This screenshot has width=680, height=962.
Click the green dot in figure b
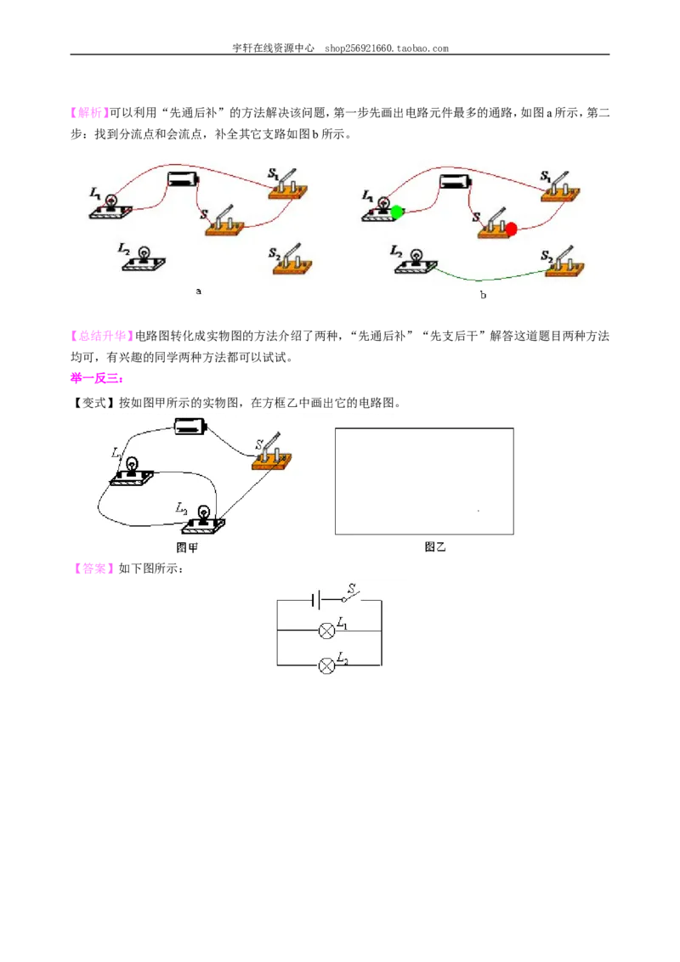(x=397, y=212)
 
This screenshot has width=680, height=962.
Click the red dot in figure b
(x=511, y=229)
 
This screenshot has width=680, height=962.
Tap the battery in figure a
(x=184, y=178)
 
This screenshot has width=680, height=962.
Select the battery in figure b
(x=456, y=181)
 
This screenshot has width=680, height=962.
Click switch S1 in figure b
(x=561, y=189)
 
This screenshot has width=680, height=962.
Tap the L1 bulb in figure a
(x=111, y=207)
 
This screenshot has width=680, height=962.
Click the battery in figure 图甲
(x=191, y=426)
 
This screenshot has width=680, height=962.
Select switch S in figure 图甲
(x=272, y=454)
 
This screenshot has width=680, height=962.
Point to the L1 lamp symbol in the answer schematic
(x=327, y=630)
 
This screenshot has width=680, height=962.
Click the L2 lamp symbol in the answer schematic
(x=327, y=665)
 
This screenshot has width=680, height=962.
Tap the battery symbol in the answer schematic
(x=316, y=600)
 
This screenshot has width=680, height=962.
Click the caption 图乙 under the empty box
(x=435, y=546)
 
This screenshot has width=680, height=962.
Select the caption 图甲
(x=187, y=547)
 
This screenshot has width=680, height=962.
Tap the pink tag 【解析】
(x=89, y=112)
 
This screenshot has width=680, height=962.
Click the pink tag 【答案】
(x=93, y=569)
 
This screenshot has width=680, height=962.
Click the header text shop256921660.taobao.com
(x=387, y=48)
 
